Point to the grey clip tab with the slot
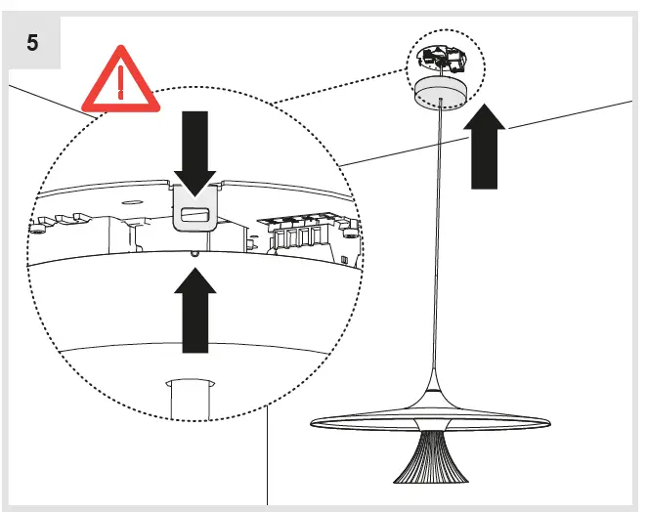click(196, 211)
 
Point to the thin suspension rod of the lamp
click(436, 244)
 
